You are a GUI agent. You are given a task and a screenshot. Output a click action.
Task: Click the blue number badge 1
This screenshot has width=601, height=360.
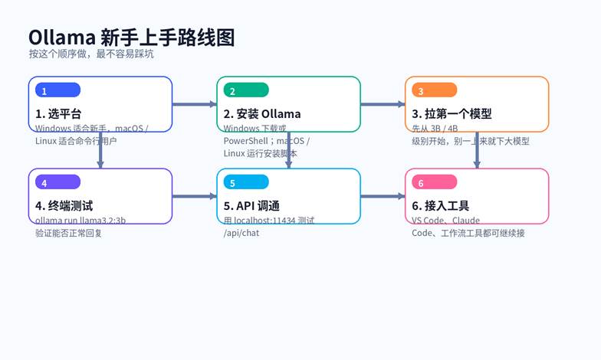(x=57, y=90)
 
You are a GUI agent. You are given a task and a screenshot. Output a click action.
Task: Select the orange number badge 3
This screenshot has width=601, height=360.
(x=434, y=90)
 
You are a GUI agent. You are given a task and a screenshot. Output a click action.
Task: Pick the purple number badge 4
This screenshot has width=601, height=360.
(x=57, y=182)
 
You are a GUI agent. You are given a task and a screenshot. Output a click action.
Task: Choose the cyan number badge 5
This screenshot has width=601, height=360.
(x=245, y=182)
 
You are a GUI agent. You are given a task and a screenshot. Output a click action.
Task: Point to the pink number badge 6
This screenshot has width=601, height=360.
(x=434, y=182)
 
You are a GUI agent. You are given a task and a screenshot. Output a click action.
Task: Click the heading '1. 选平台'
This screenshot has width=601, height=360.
(x=58, y=114)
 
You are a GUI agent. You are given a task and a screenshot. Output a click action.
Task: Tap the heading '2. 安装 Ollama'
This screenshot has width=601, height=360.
(x=262, y=114)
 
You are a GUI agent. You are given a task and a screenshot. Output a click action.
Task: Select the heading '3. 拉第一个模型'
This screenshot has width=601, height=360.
(x=452, y=114)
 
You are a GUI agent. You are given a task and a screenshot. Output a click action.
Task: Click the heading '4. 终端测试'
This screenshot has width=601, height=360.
(x=64, y=206)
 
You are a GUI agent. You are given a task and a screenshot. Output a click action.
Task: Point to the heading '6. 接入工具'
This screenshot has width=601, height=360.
(x=441, y=206)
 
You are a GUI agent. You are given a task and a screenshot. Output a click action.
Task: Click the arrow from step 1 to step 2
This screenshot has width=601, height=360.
(x=194, y=104)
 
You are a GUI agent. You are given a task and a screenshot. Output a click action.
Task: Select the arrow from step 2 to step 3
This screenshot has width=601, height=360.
(x=383, y=104)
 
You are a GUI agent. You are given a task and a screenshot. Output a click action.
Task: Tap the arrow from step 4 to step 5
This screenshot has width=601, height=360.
(x=194, y=196)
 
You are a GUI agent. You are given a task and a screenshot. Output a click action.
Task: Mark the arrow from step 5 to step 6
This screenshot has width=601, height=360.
(x=383, y=196)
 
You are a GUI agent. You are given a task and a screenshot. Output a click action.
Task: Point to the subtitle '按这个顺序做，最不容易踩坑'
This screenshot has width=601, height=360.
(x=91, y=54)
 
